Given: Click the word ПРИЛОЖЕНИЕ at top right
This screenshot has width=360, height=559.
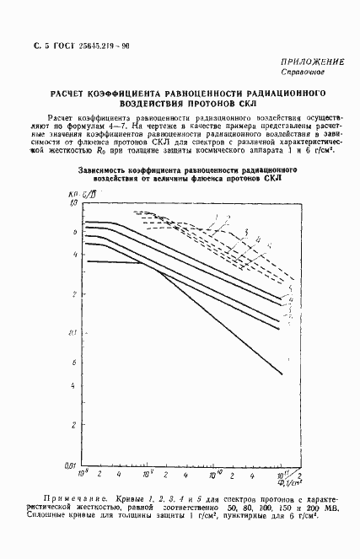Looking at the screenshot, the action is [x=311, y=62].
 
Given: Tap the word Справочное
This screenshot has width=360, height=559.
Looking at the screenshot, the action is [x=315, y=73].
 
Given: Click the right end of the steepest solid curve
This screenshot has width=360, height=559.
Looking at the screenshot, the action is [x=282, y=374].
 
